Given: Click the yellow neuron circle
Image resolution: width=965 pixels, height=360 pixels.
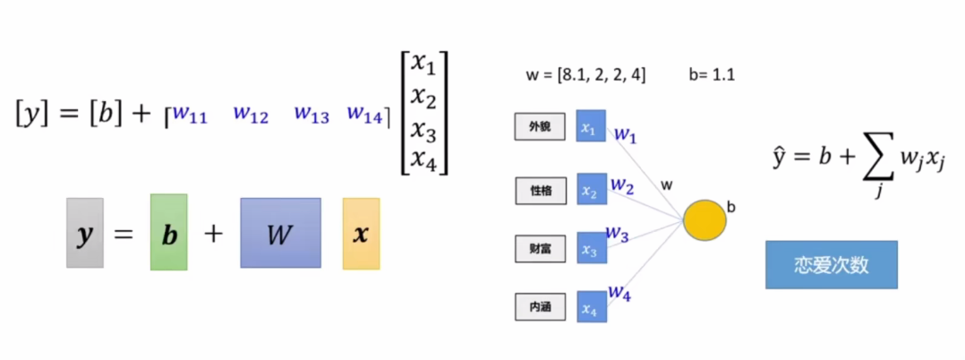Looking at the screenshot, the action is click(x=704, y=219).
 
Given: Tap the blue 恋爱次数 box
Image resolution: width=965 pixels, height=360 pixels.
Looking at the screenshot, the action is click(x=831, y=265).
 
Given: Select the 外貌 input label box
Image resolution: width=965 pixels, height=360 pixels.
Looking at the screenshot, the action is click(x=540, y=127).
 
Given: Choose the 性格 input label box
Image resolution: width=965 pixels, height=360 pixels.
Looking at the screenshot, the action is click(x=540, y=190).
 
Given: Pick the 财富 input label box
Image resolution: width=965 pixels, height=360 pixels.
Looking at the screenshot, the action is click(x=540, y=249).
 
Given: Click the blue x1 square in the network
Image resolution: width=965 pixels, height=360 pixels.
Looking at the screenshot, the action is click(x=591, y=127).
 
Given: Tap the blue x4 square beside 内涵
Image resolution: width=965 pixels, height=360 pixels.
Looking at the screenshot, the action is click(x=591, y=307).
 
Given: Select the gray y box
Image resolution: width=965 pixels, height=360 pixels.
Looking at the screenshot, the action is click(x=85, y=234).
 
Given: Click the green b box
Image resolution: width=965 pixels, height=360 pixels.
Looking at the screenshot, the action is click(x=168, y=234).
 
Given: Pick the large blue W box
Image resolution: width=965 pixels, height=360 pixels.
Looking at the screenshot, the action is click(x=280, y=233).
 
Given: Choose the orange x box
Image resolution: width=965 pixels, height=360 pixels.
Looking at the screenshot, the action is click(x=361, y=234).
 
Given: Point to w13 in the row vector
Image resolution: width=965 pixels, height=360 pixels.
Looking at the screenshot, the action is click(x=312, y=115).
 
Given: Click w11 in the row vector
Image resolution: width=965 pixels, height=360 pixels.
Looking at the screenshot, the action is click(x=190, y=115).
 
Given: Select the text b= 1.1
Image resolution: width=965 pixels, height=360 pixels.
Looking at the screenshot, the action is click(x=712, y=75).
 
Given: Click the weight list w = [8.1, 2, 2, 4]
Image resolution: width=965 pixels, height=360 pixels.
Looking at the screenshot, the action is click(x=585, y=75).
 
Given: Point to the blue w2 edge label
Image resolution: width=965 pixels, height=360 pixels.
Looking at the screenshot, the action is click(x=621, y=185).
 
